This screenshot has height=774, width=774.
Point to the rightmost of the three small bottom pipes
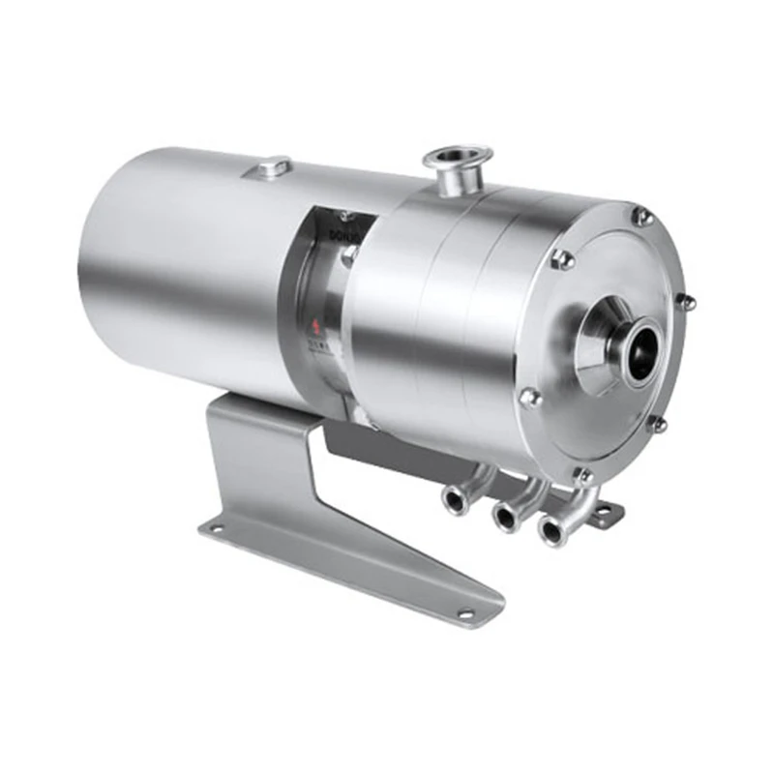click(552, 527)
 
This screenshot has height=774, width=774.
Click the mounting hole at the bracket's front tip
click(465, 612)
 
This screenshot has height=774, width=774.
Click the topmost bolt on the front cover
click(641, 217)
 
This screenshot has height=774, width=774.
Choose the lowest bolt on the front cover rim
click(583, 475)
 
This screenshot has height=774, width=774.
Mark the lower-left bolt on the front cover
click(529, 397)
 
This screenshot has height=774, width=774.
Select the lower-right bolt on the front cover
click(657, 424)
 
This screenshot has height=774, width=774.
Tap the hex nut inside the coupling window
click(349, 255)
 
